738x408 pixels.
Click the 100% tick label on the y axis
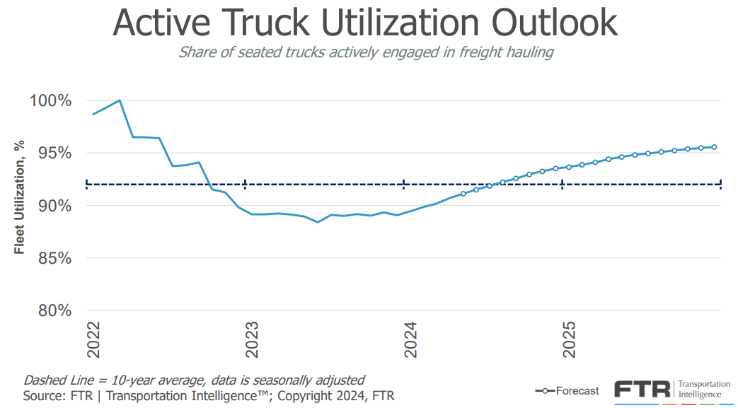coord(50,100)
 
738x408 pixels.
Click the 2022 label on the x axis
coord(93,340)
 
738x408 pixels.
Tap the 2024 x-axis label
coord(411,340)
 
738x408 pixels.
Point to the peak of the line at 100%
coord(120,100)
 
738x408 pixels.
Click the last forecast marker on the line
coord(714,147)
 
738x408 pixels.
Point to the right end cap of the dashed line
coord(720,185)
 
